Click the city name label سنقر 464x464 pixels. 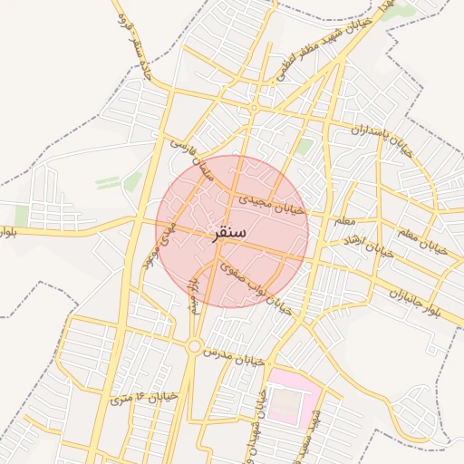click(230, 233)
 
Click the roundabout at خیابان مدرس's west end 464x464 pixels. click(194, 346)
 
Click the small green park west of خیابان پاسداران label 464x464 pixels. click(304, 146)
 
